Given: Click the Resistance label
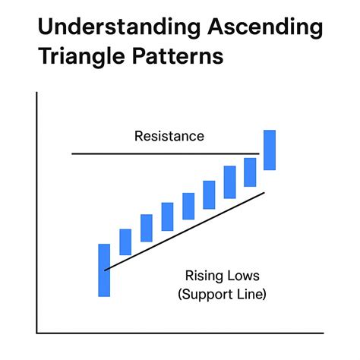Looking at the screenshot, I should coord(169,137).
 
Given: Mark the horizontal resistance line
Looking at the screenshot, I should coord(152,154).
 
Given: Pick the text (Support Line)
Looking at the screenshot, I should coord(222,293).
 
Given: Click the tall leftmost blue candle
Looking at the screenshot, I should coord(104,270).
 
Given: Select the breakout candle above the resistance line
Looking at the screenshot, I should coord(270,150).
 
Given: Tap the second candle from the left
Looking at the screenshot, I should coord(125,242).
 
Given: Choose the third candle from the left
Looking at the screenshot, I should coord(147,228).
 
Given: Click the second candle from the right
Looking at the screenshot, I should coord(250,172).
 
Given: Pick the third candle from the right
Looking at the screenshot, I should coord(229,182).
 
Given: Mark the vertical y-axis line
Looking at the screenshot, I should coord(36,213).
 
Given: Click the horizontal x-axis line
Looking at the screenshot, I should coord(182,333).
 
